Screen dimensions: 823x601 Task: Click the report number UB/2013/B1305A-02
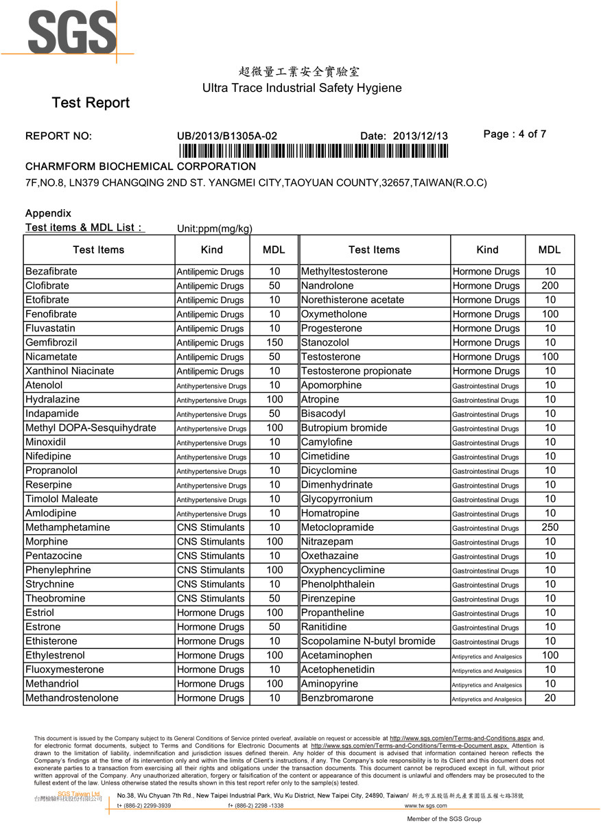(x=227, y=136)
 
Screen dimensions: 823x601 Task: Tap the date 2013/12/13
(x=420, y=136)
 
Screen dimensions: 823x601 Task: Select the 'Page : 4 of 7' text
(x=515, y=134)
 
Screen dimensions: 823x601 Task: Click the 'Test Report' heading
(x=91, y=103)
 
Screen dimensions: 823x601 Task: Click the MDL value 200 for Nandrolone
(x=550, y=285)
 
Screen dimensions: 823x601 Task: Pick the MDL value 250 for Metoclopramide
(x=550, y=527)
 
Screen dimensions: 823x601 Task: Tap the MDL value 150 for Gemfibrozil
(x=274, y=342)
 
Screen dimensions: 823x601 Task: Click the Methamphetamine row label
(x=67, y=527)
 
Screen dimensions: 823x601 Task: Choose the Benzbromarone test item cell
(x=338, y=698)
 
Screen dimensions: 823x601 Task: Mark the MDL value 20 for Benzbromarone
(x=550, y=698)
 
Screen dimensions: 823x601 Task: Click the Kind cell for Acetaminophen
(x=487, y=656)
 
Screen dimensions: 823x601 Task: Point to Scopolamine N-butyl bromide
(x=368, y=641)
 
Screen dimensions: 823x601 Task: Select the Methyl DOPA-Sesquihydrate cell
(x=91, y=428)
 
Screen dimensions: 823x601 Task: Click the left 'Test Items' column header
(x=99, y=250)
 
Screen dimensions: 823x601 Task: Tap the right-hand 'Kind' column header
(x=487, y=250)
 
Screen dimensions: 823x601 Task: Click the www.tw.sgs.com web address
(x=426, y=806)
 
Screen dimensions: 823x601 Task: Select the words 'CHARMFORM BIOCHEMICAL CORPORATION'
(x=141, y=167)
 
